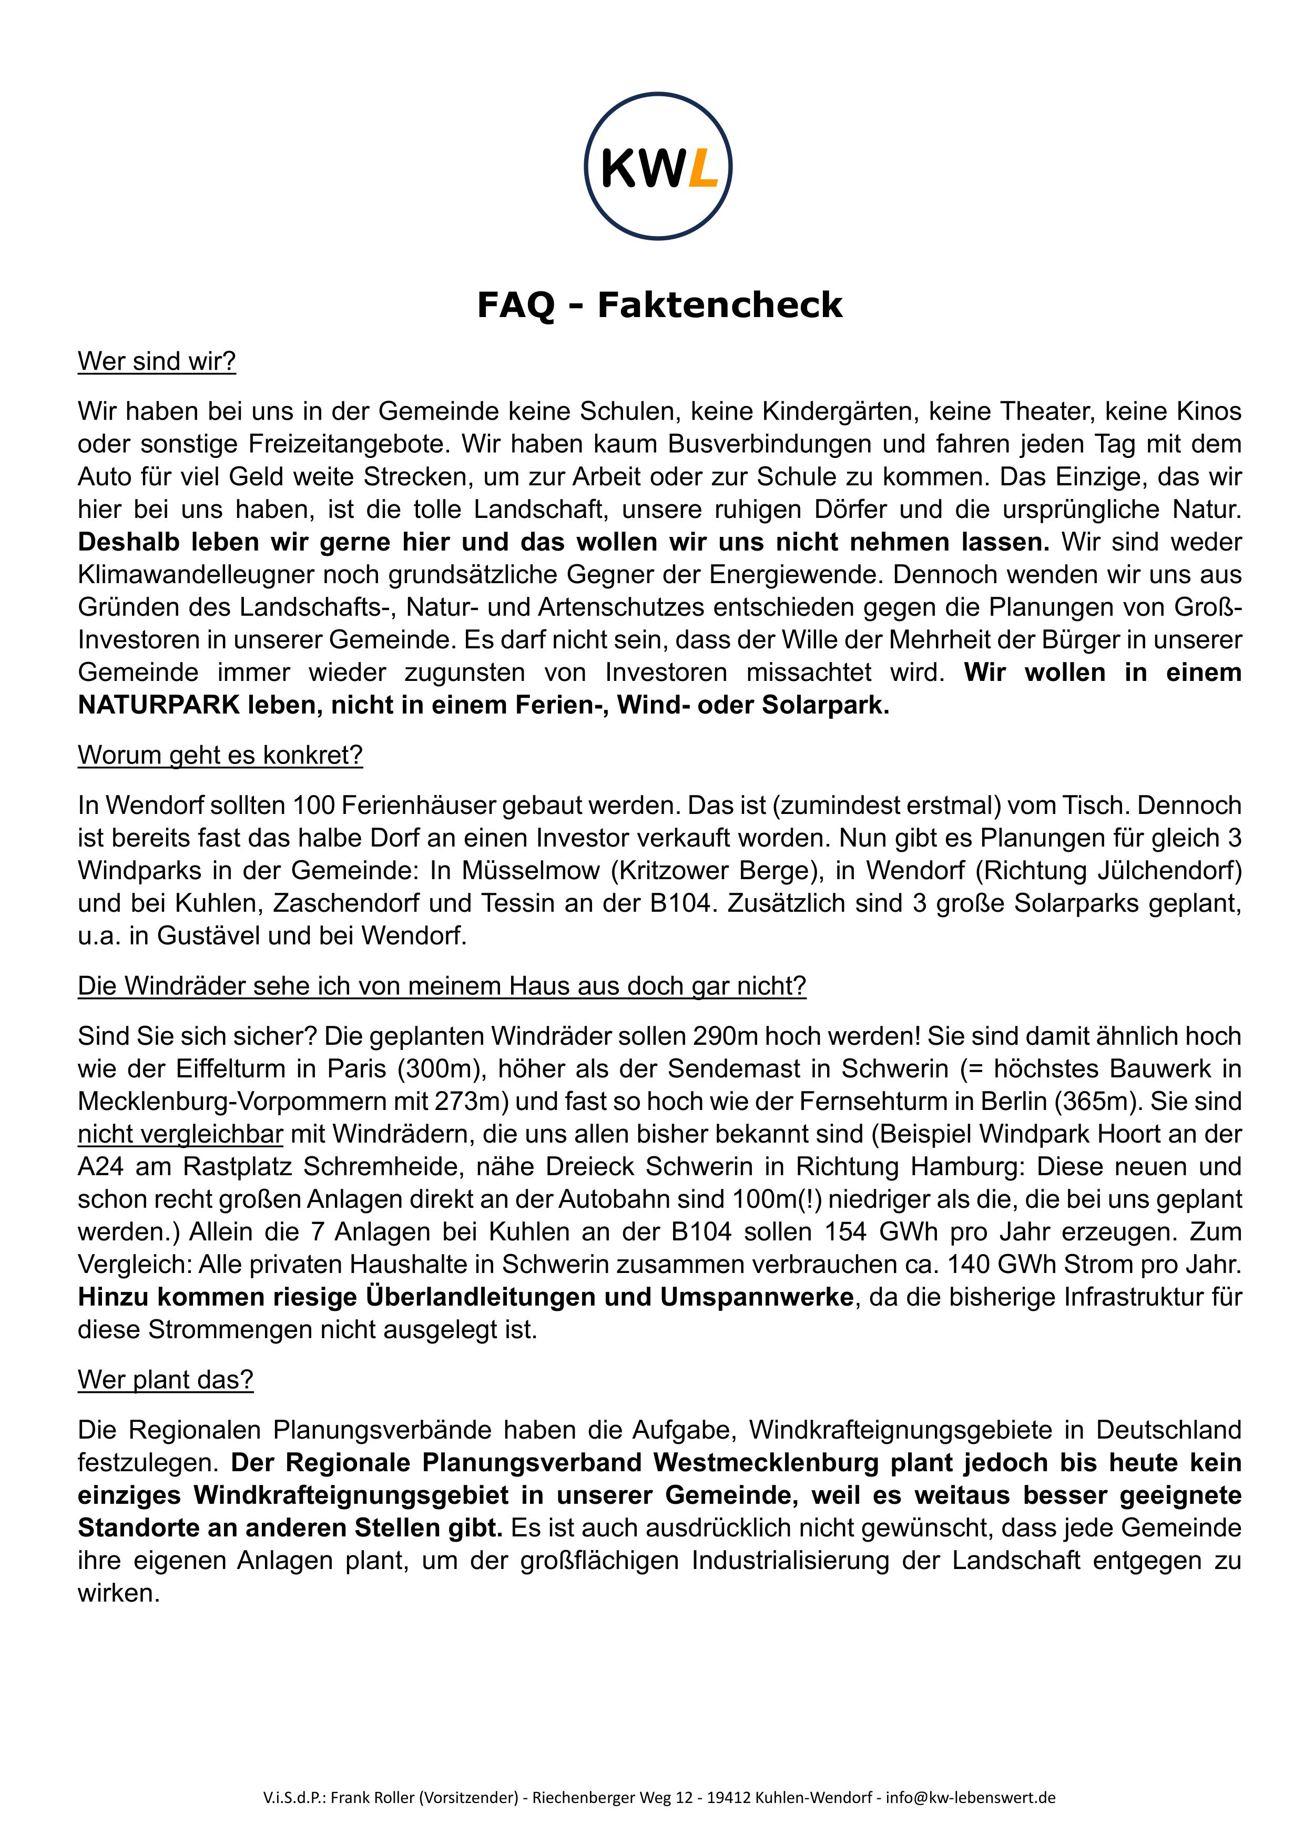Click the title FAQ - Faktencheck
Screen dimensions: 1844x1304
659,305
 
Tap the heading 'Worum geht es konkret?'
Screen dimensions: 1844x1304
220,755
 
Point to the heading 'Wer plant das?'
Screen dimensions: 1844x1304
166,1379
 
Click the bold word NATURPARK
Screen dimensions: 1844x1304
158,705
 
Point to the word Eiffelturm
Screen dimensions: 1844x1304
231,1069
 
